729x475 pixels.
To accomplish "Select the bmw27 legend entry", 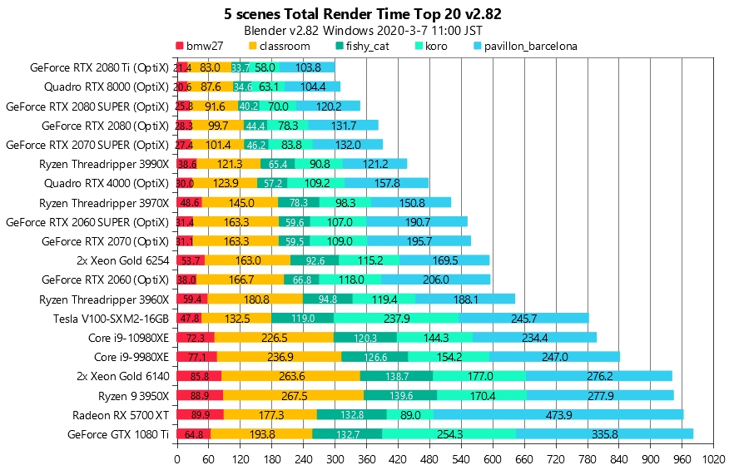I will [x=204, y=46].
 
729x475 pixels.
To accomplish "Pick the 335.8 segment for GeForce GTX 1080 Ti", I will [x=604, y=433].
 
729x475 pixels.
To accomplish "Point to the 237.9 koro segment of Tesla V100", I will [x=396, y=318].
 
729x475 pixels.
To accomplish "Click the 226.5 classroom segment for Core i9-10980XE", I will [x=274, y=337].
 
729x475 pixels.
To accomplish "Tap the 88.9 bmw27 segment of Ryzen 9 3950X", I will [x=200, y=395].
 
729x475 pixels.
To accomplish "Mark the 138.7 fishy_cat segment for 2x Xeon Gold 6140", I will [x=396, y=376].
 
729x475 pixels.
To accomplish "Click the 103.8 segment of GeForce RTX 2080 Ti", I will [x=308, y=67].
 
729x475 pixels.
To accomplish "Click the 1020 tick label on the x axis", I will [x=713, y=458].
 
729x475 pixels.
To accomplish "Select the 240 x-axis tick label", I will [x=303, y=458].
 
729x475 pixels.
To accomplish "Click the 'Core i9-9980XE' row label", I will [x=128, y=356].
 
